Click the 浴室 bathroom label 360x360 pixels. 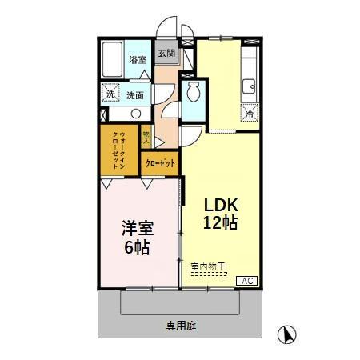point(138,60)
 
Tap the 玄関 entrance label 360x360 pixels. point(166,54)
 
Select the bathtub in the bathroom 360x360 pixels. point(113,60)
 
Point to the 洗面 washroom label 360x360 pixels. point(135,95)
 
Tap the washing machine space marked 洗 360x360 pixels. point(110,94)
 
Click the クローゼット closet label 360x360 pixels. point(162,163)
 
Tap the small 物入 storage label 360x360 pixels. point(146,137)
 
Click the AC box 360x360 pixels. point(248,280)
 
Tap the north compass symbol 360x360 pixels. point(286,335)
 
